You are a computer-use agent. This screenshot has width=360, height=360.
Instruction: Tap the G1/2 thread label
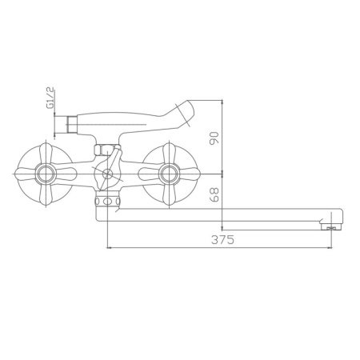click(x=49, y=98)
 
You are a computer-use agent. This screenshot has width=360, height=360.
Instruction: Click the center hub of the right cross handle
click(x=169, y=172)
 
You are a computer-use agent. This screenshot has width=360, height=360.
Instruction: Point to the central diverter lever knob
click(x=106, y=173)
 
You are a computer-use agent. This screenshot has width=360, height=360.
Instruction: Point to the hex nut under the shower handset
click(x=102, y=149)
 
